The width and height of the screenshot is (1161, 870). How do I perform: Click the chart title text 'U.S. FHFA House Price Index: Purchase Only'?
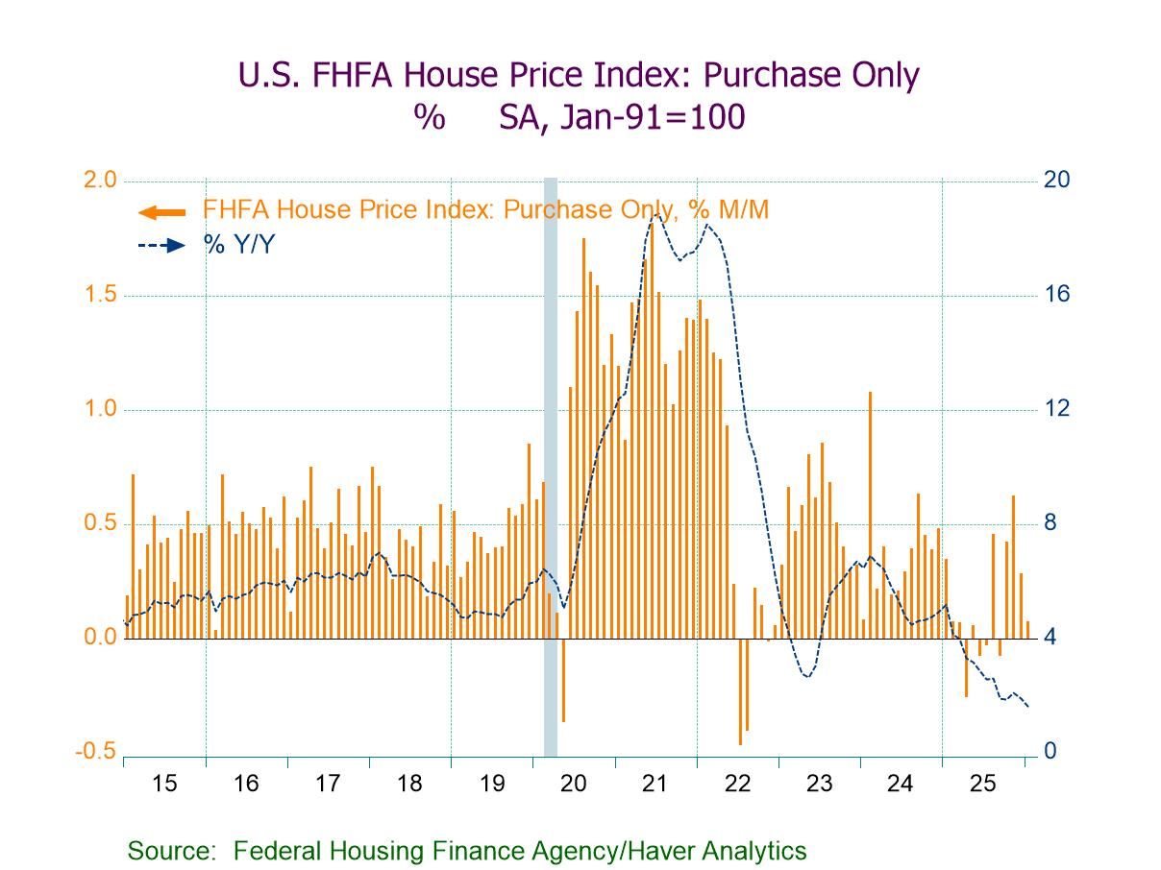coord(579,75)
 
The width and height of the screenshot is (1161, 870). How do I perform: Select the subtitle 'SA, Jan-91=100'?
coord(622,117)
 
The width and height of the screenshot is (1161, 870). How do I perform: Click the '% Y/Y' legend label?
coord(238,245)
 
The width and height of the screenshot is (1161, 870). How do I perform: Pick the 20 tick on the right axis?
coord(1057,181)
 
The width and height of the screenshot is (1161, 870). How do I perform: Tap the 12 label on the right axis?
coord(1057,409)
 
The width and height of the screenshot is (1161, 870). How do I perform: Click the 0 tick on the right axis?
coord(1050,752)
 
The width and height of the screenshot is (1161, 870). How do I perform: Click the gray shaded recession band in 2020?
coord(551,461)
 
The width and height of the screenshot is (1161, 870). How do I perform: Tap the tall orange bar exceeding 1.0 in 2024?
coord(870,514)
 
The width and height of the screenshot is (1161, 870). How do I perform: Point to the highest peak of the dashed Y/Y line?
coord(655,215)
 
